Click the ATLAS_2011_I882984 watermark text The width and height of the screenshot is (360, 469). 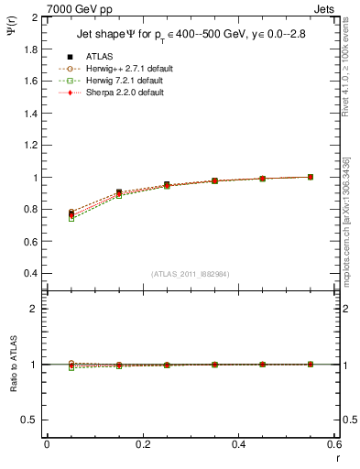[191, 275]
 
